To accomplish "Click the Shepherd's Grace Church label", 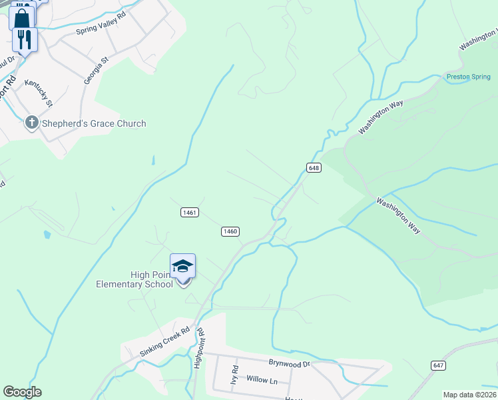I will [93, 123].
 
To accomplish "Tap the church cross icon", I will [31, 123].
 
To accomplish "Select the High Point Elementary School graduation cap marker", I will [182, 267].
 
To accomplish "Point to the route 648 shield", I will [314, 168].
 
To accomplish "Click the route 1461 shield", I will [189, 212].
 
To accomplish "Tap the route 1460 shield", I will [230, 231].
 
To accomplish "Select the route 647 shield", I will [438, 365].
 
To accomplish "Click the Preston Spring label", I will [468, 77].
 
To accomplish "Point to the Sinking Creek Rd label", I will [165, 341].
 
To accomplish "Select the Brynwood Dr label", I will [290, 364].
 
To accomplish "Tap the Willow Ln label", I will [262, 379].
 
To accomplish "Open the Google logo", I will [22, 392].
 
